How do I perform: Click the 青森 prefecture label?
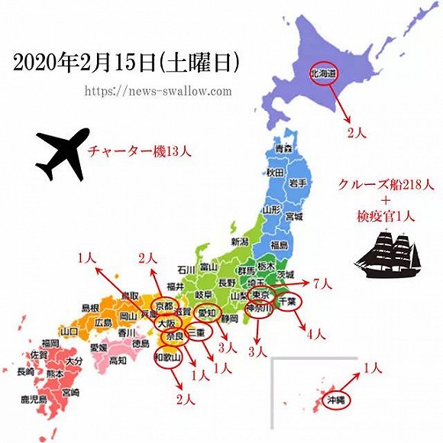[283, 148]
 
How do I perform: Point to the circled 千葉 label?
[287, 301]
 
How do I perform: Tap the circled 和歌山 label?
[168, 356]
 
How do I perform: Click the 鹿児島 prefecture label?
[34, 399]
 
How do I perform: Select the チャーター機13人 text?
[138, 150]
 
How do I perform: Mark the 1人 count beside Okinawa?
[373, 368]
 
